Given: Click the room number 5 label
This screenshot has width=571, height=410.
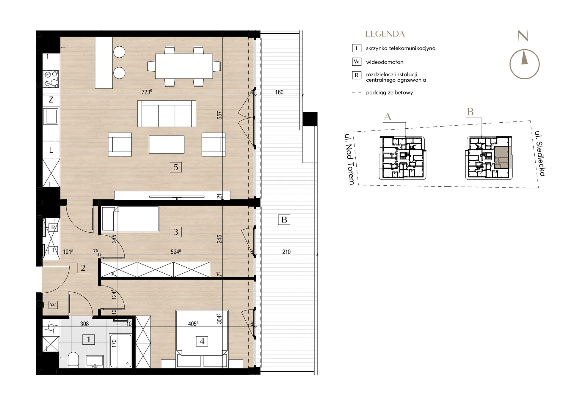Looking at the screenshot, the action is tap(176, 167).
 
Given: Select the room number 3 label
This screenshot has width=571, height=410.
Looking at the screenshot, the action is tap(176, 232).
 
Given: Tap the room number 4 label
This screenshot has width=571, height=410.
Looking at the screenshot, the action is tap(202, 341).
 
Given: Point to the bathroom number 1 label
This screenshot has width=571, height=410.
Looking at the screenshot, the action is tap(88, 339).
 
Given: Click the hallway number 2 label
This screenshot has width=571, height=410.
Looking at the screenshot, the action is tap(83, 268).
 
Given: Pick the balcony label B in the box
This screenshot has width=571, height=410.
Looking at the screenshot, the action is tap(284, 220).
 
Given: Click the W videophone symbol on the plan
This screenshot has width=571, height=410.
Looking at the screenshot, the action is tap(53, 305).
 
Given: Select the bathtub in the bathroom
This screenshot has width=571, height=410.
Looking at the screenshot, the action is tap(120, 351).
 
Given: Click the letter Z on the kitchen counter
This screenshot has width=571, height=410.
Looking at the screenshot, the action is tap(51, 100).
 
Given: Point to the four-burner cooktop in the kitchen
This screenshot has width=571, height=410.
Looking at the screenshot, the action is tap(51, 78).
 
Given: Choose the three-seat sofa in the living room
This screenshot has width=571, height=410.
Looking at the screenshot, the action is tap(167, 114).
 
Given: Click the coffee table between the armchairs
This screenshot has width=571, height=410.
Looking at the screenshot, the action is tap(167, 144).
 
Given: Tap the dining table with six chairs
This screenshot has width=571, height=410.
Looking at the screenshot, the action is tap(184, 66).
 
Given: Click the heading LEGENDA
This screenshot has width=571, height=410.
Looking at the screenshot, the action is tap(385, 34).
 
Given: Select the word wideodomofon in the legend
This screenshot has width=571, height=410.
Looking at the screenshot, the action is tap(385, 62).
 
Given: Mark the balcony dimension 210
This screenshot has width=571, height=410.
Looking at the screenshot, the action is tap(286, 252).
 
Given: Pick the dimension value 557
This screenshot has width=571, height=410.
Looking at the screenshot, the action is tap(219, 115).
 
